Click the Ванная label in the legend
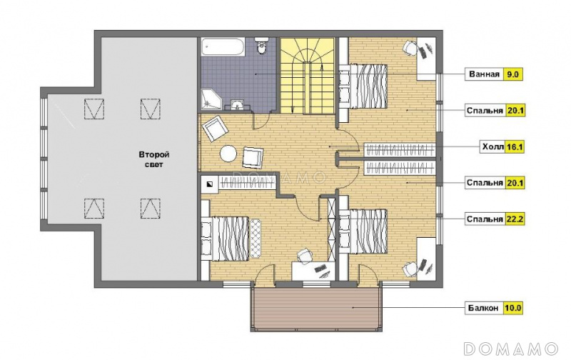click(x=484, y=74)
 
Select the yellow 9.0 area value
click(x=512, y=74)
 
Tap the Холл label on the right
click(x=492, y=147)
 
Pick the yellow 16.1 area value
click(x=514, y=147)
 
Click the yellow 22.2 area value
click(x=515, y=219)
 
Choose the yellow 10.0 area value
click(x=512, y=309)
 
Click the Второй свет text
click(x=153, y=159)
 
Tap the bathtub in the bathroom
click(x=223, y=46)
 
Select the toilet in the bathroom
click(x=261, y=46)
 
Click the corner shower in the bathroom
click(x=211, y=99)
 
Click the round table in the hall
click(x=228, y=154)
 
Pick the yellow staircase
click(x=308, y=75)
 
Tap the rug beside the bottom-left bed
click(x=256, y=239)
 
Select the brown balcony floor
click(x=316, y=309)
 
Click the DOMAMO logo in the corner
click(x=511, y=349)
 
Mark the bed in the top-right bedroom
click(x=363, y=86)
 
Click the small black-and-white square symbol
click(x=210, y=184)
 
